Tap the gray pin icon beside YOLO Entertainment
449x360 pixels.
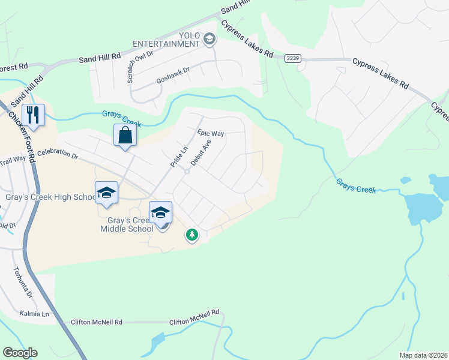click(209, 40)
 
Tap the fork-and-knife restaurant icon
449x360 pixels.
click(34, 115)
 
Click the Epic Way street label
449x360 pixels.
click(210, 133)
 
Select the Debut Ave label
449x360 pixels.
click(201, 153)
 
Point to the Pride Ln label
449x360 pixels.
click(178, 155)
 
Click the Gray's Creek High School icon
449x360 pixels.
click(106, 192)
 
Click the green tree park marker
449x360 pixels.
click(191, 235)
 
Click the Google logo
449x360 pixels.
click(20, 353)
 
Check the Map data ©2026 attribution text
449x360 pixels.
click(423, 355)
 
